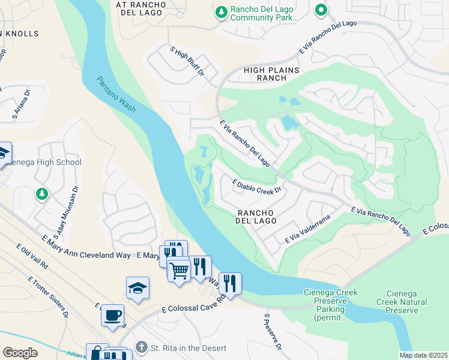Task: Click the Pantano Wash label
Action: click(116, 94)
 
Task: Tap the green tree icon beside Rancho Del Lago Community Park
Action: click(221, 12)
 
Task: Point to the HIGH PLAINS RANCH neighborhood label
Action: click(271, 74)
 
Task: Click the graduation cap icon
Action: click(137, 288)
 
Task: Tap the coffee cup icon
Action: click(112, 315)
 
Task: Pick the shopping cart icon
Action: click(179, 270)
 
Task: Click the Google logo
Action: click(20, 352)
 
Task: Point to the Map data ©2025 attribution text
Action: click(423, 355)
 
